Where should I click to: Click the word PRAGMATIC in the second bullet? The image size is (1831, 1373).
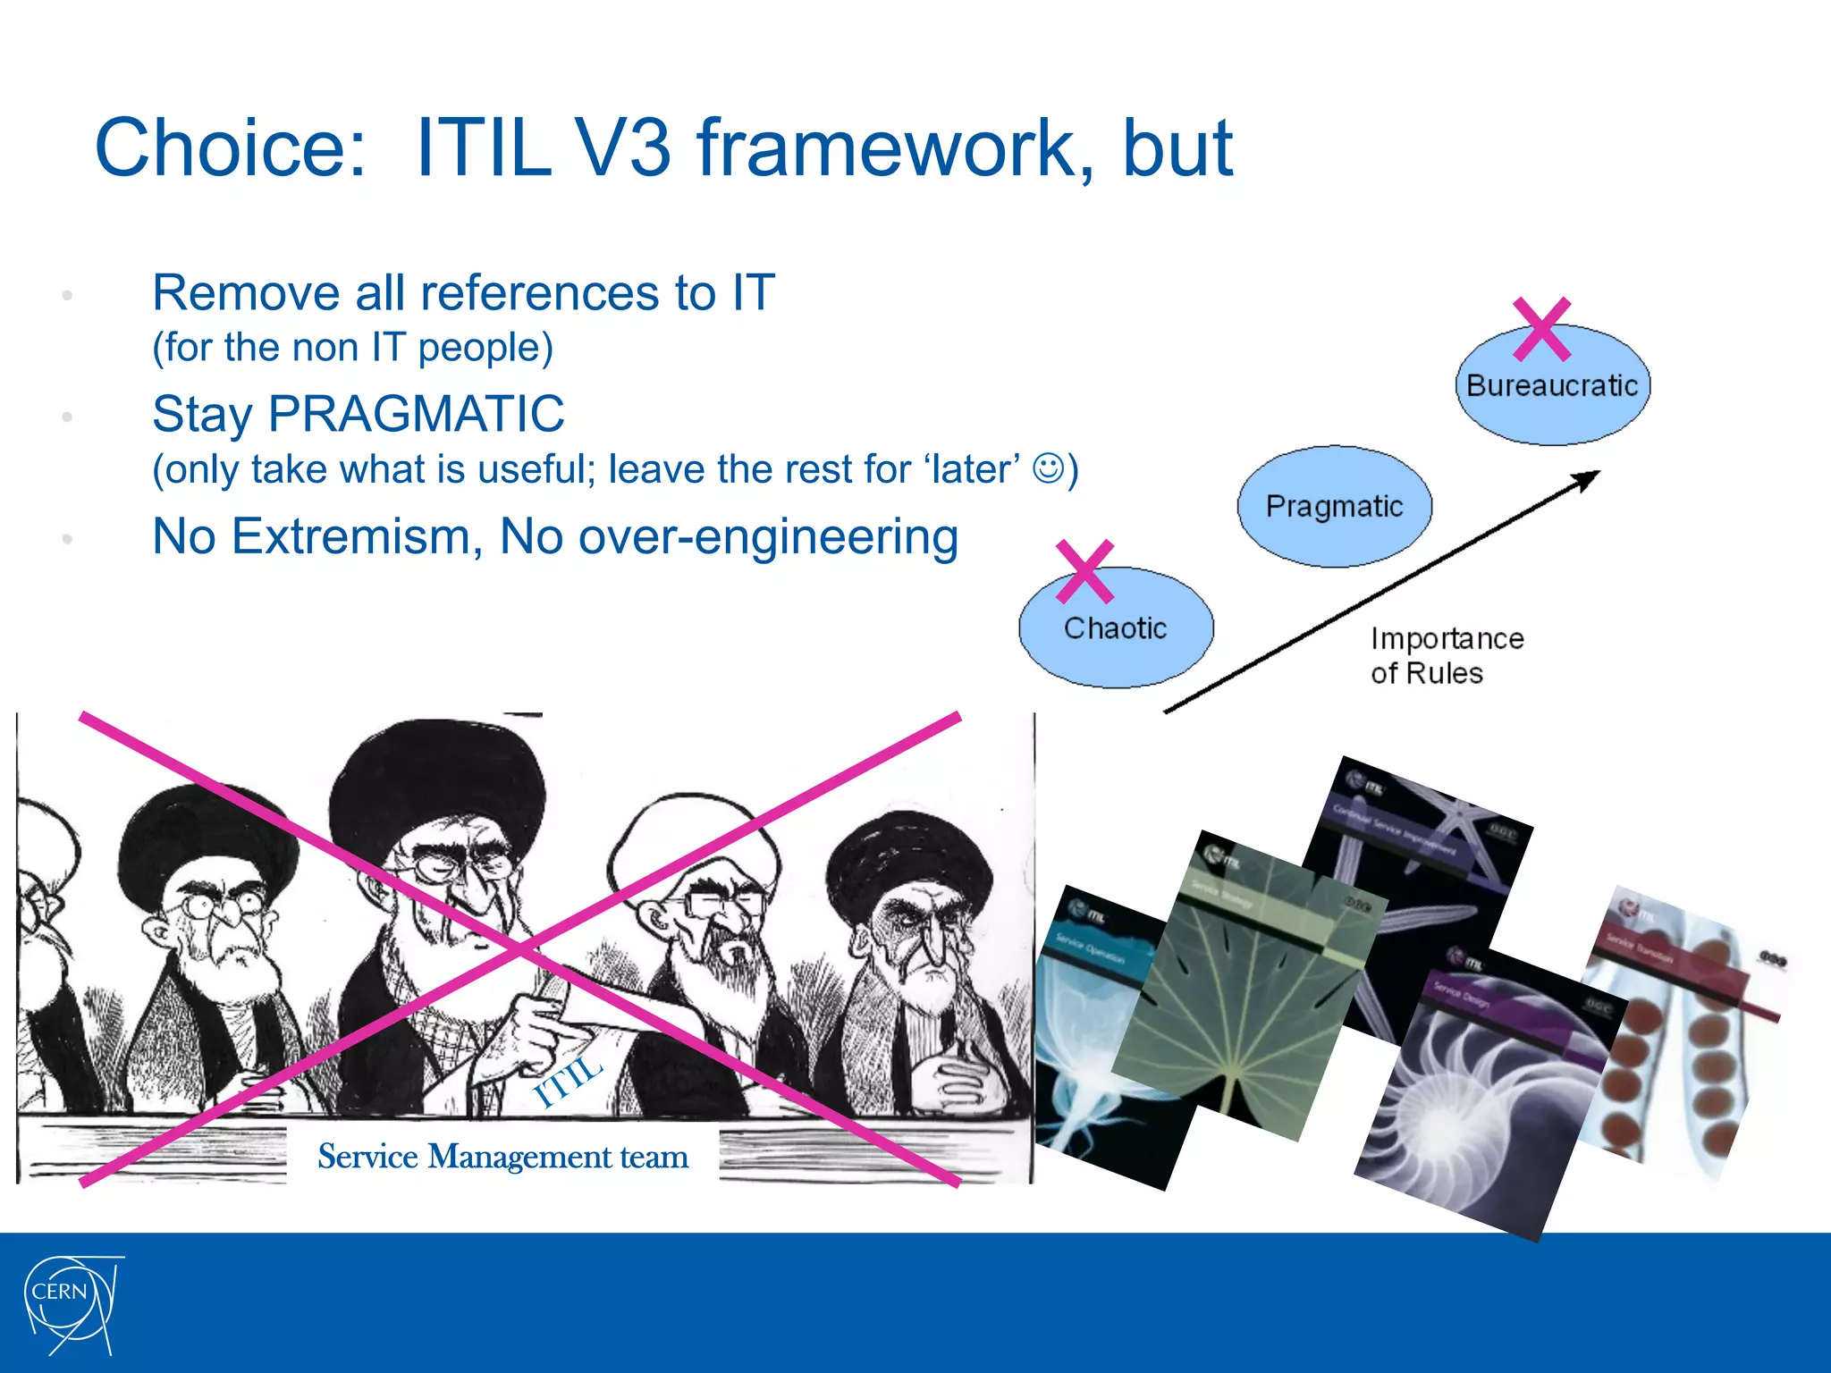tap(416, 415)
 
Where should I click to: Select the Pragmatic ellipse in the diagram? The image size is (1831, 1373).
tap(1334, 506)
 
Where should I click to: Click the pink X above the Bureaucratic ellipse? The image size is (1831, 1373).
tap(1542, 329)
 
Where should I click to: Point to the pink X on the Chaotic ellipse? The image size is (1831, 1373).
tap(1084, 572)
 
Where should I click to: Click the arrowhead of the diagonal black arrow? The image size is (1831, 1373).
tap(1589, 477)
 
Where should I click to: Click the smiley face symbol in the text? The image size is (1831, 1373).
tap(1048, 467)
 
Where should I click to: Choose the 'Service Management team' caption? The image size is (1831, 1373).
tap(502, 1157)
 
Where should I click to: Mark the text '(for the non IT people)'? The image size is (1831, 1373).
tap(352, 348)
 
